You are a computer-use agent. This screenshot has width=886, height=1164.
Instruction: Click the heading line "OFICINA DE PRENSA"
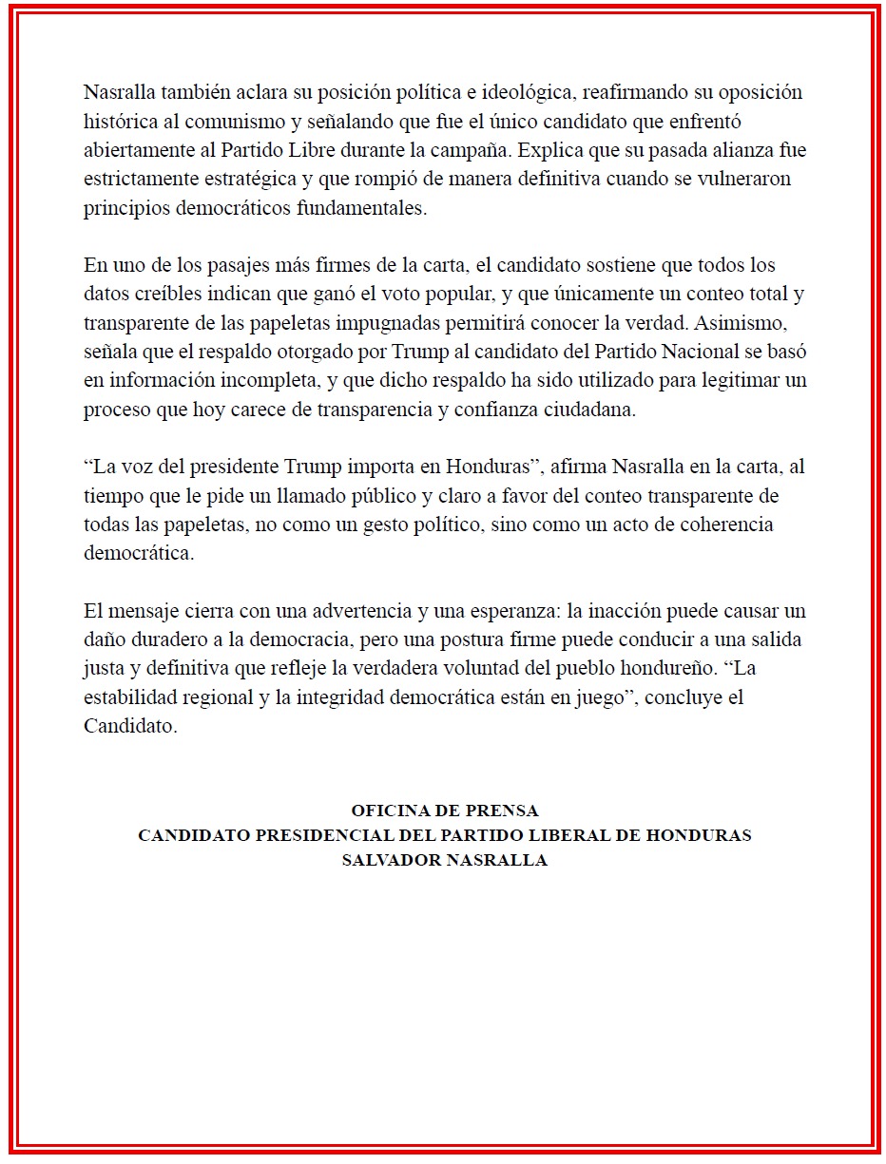[x=444, y=811]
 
